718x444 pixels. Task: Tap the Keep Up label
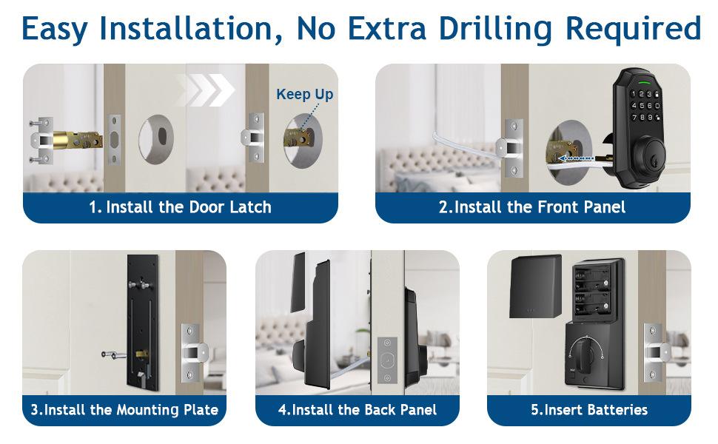click(x=304, y=94)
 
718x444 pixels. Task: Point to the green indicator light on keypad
click(x=644, y=84)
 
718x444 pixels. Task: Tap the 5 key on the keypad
click(x=642, y=105)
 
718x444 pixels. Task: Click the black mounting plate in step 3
click(x=143, y=322)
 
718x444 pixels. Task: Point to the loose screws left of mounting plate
click(x=113, y=354)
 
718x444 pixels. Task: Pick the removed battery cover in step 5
click(x=535, y=286)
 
